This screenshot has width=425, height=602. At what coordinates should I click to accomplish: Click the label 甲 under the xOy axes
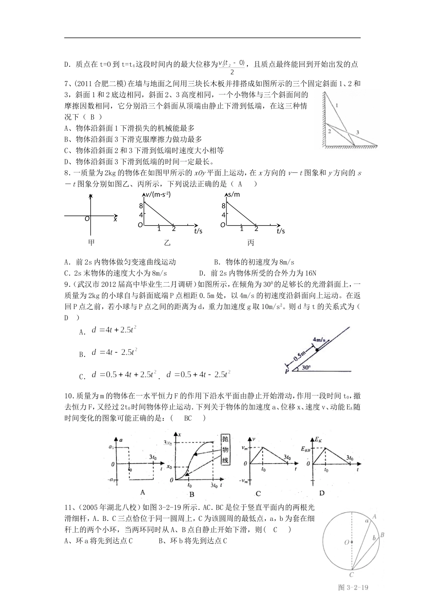tap(92, 243)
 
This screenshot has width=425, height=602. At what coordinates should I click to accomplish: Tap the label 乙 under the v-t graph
tap(167, 243)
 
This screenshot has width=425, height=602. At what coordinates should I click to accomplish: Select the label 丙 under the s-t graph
tap(251, 243)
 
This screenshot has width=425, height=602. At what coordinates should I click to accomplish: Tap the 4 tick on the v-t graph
tap(140, 215)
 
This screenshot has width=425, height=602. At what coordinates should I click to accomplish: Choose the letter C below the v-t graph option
tap(258, 493)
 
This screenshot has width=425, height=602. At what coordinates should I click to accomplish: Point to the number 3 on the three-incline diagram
tap(357, 132)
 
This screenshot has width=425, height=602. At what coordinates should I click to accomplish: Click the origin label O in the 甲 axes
tap(87, 218)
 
